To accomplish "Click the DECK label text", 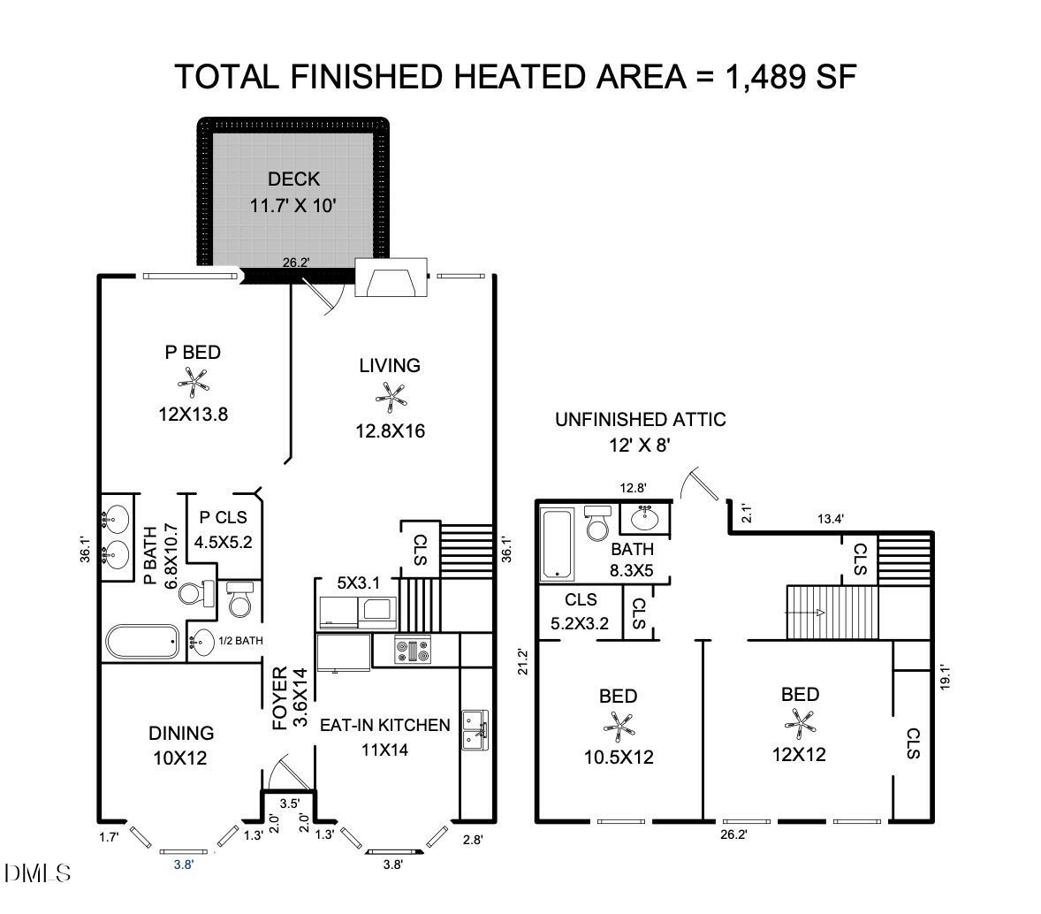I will [293, 179].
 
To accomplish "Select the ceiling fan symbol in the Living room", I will [390, 397].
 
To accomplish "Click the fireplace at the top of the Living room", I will [391, 278].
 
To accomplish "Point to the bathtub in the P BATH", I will [142, 642].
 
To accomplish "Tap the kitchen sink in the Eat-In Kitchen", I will [474, 730].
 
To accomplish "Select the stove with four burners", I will [413, 651].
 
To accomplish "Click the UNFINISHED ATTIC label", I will [640, 420].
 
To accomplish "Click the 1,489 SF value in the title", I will [790, 77].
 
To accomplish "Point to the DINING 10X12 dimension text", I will [180, 758].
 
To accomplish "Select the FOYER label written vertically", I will [280, 698].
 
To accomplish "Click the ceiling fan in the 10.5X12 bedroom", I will [619, 727].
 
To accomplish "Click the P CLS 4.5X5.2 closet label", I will [224, 529].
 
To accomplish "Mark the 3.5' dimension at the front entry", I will [289, 804].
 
